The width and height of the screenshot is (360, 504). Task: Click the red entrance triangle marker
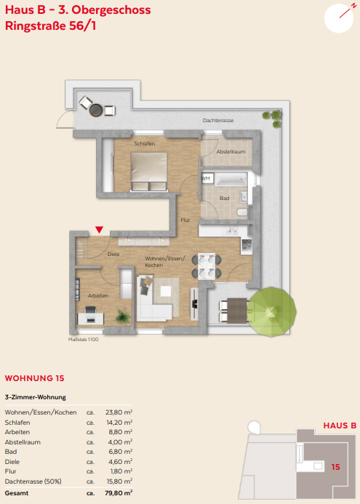(x=100, y=230)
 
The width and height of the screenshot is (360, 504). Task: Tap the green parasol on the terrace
(x=271, y=311)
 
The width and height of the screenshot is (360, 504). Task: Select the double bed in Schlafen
(x=149, y=172)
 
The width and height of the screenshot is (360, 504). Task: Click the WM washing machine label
(x=206, y=178)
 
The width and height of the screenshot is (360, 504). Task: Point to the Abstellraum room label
(x=231, y=151)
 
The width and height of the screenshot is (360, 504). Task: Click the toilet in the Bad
(x=242, y=212)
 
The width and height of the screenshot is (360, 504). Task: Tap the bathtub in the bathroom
(x=231, y=180)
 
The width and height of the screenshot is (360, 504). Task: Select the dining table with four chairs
(x=207, y=266)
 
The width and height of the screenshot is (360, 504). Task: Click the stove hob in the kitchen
(x=247, y=245)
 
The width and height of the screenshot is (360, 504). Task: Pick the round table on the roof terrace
(x=96, y=111)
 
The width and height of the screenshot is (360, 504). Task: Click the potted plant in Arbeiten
(x=123, y=316)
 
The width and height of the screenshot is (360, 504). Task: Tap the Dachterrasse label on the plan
(x=218, y=120)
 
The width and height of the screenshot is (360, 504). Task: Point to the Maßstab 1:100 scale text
(x=84, y=340)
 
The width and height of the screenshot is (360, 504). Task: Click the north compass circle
(x=339, y=18)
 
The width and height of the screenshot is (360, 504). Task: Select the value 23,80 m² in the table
(x=119, y=412)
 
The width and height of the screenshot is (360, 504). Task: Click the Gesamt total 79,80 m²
(x=119, y=493)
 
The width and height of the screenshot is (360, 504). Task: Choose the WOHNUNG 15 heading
(x=35, y=378)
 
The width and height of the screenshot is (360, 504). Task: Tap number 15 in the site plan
(x=335, y=467)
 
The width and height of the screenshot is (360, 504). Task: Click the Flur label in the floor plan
(x=185, y=220)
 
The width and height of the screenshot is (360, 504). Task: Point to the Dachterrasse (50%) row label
(x=33, y=481)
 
